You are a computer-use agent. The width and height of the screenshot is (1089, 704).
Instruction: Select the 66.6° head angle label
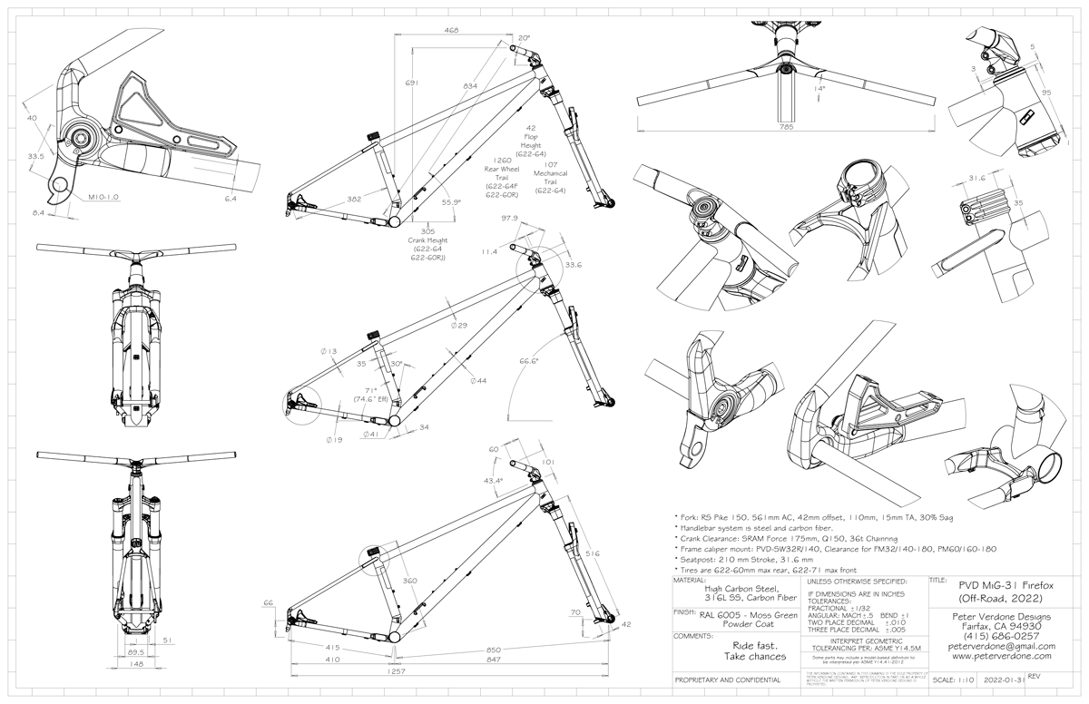(529, 360)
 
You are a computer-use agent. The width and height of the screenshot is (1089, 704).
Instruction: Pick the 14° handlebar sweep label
(820, 89)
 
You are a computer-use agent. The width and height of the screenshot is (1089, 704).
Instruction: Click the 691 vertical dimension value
(412, 84)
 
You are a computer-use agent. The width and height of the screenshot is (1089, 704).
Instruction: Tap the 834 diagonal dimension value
(469, 86)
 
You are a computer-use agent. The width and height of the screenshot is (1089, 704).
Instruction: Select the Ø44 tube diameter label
(476, 380)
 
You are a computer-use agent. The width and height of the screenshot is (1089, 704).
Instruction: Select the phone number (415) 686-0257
(996, 635)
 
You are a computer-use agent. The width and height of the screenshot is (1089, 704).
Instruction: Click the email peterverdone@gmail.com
(996, 645)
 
